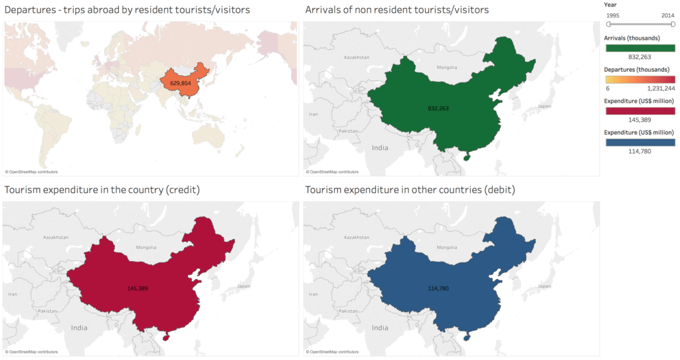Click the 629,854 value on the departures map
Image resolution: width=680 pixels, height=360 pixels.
pos(180,84)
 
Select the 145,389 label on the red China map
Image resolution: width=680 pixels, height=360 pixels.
pos(138,288)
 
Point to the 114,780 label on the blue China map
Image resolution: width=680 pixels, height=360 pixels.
pos(440,288)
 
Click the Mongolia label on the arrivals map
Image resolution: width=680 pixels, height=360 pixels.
pos(446,67)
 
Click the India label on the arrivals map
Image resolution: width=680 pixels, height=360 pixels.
pos(380,148)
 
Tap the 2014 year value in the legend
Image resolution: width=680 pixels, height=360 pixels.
pos(667,14)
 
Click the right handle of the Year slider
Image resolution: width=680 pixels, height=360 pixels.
pos(673,25)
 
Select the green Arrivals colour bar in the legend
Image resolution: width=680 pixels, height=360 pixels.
pos(639,47)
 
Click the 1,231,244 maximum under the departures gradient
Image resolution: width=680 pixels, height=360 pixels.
pos(661,88)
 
